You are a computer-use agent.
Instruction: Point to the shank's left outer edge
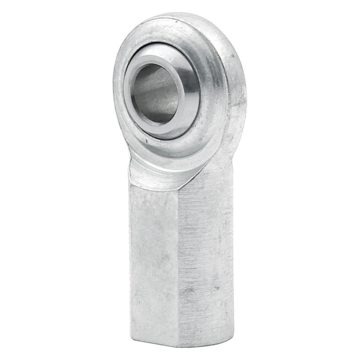pyautogui.click(x=131, y=258)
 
